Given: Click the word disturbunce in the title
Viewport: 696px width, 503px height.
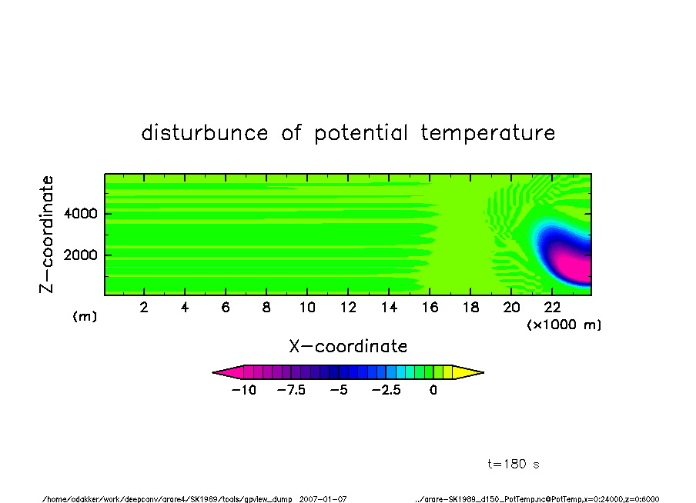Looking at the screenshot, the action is pyautogui.click(x=205, y=132).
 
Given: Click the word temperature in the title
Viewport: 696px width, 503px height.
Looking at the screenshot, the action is pyautogui.click(x=488, y=132).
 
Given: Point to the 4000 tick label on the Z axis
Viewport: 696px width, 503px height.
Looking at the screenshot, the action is pyautogui.click(x=80, y=214).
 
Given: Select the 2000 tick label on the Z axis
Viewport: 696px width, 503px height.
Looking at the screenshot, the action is pyautogui.click(x=80, y=255).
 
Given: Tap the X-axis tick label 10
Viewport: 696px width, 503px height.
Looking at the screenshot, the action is pyautogui.click(x=307, y=308).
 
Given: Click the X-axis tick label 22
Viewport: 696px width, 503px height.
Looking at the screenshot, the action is pyautogui.click(x=552, y=308).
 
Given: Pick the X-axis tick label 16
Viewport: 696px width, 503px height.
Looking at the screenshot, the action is pyautogui.click(x=430, y=308).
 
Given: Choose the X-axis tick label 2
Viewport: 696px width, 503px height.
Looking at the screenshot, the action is pyautogui.click(x=144, y=308).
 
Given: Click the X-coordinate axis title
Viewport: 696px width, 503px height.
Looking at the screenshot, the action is pyautogui.click(x=348, y=346).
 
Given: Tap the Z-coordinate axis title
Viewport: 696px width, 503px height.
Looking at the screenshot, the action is pyautogui.click(x=46, y=235).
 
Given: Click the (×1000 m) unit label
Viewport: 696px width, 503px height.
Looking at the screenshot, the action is pyautogui.click(x=564, y=325).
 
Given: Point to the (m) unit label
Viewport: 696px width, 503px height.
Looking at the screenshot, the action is pyautogui.click(x=85, y=316).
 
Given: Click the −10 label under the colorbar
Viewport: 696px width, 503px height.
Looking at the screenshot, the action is pyautogui.click(x=244, y=391).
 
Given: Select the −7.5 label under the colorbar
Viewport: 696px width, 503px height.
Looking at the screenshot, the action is pyautogui.click(x=291, y=391).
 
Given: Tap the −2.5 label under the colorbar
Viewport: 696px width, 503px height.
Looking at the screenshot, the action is pyautogui.click(x=386, y=391).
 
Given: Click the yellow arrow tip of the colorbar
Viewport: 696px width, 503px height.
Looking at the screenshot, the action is pyautogui.click(x=484, y=372).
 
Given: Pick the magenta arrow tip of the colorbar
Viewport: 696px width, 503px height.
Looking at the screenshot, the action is pyautogui.click(x=213, y=372).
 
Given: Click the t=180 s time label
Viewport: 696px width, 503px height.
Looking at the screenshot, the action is pyautogui.click(x=514, y=464).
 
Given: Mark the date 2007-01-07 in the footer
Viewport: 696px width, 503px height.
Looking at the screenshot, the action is pyautogui.click(x=323, y=499).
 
